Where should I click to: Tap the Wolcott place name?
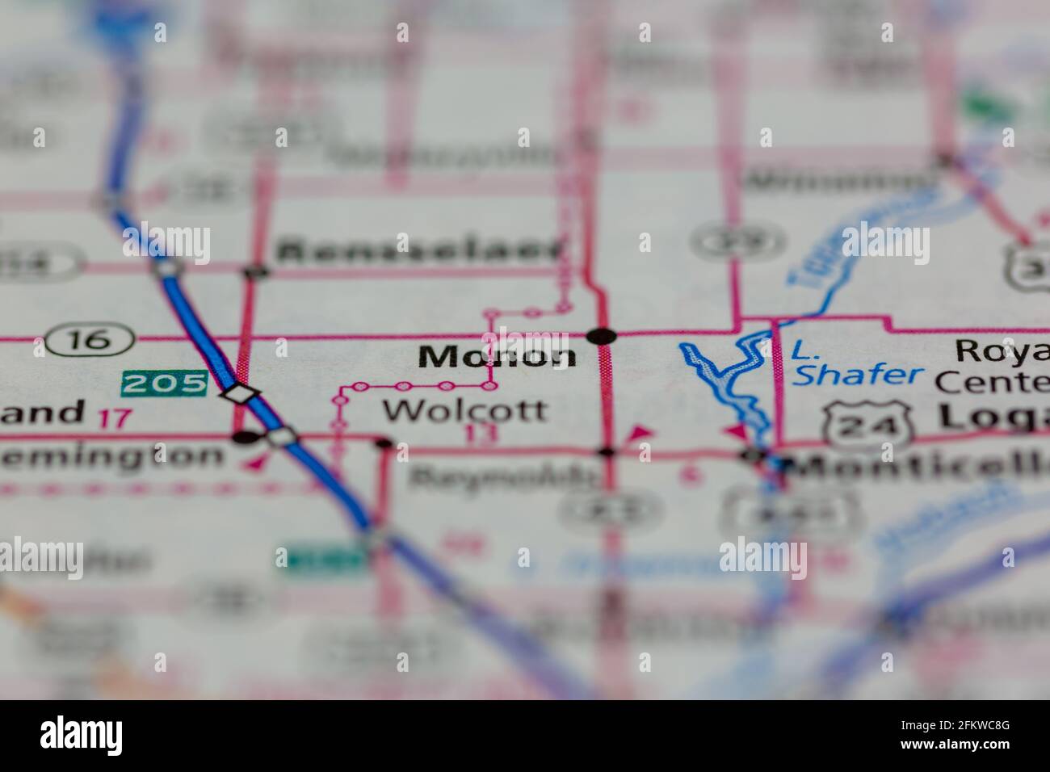click(x=464, y=410)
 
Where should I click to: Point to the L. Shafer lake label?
click(x=855, y=363)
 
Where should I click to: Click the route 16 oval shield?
click(x=89, y=339)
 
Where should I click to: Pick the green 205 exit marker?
click(x=165, y=384)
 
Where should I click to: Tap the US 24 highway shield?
click(x=868, y=422)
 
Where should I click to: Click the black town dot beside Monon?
click(x=602, y=336)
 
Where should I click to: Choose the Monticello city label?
click(x=921, y=467)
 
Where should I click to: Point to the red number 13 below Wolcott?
click(x=482, y=434)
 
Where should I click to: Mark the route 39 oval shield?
click(x=738, y=241)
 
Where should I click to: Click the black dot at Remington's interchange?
click(x=245, y=438)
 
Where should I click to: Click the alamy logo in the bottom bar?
click(x=82, y=736)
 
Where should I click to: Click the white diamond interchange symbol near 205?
click(x=241, y=395)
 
